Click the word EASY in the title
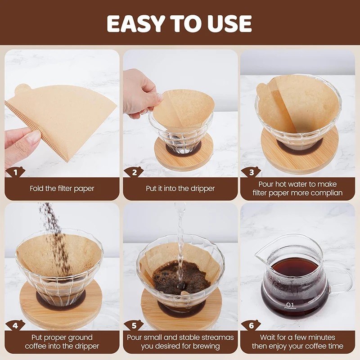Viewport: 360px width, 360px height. pos(136,24)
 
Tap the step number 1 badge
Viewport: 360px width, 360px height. pos(15,172)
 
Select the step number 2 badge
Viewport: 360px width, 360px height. pos(134,172)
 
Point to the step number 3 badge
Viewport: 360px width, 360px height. pos(251,172)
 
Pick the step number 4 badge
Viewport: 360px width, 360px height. pos(15,325)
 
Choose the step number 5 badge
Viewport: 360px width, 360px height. pos(134,325)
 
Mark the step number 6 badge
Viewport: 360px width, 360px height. pos(251,325)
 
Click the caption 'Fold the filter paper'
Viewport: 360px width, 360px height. pos(62,189)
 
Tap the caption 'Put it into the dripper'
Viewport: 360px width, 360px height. pos(180,189)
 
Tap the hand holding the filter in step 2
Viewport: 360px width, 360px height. pos(140,94)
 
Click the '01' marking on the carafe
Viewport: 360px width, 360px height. pos(290,305)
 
